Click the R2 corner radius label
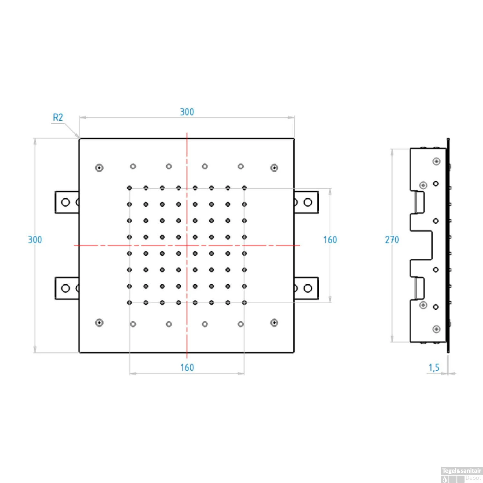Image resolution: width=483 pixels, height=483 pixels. (58, 118)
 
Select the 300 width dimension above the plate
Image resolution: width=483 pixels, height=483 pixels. (187, 112)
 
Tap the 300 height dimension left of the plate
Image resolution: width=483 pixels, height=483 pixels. (35, 240)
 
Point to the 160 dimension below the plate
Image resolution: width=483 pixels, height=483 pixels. (187, 367)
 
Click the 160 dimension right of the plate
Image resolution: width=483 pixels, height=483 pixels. (330, 240)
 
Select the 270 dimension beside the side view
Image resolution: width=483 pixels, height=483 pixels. (392, 240)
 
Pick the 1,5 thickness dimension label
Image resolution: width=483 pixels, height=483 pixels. (434, 367)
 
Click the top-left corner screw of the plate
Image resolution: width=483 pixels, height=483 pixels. (99, 168)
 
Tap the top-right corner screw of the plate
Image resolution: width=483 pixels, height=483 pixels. (274, 168)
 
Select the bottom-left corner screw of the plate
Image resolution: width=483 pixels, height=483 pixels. (99, 323)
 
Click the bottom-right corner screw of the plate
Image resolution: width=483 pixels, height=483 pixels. (274, 323)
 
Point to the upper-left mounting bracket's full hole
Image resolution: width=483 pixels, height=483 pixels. (65, 202)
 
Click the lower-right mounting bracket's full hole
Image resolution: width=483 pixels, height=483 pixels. (308, 288)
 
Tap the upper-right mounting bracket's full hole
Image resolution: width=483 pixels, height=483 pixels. (308, 202)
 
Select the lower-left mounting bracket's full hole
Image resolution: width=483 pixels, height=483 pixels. (65, 288)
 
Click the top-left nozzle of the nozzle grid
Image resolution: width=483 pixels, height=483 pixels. (129, 188)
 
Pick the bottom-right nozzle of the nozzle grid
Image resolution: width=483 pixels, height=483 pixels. (244, 303)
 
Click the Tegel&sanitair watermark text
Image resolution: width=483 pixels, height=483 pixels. (461, 471)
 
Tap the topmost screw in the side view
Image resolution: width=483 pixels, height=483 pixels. (436, 161)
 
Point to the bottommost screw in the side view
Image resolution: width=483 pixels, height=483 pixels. (436, 329)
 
